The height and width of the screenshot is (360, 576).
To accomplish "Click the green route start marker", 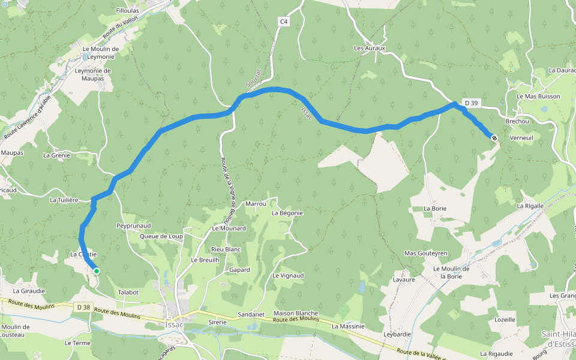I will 96,271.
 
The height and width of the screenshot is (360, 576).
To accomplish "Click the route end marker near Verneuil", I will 494,138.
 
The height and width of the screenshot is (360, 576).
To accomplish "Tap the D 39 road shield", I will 471,103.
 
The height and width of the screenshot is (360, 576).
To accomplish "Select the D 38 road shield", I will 83,307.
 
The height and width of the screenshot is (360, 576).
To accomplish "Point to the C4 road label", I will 284,22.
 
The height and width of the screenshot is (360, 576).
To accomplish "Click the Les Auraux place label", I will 369,48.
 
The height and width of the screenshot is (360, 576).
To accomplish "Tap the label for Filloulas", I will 127,11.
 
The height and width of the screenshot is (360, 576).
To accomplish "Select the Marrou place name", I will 256,204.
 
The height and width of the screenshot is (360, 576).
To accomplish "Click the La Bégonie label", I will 287,213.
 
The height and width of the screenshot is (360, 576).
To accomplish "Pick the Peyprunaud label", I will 133,226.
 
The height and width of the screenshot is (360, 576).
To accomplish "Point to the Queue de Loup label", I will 161,236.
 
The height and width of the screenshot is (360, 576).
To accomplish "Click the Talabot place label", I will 128,292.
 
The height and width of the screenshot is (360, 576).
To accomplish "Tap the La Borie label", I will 435,208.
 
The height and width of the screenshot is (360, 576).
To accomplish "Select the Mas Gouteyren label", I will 426,253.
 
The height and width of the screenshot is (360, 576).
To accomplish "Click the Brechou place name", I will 517,121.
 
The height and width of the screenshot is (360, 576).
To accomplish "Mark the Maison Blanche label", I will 295,313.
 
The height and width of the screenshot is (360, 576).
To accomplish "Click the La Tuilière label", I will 64,200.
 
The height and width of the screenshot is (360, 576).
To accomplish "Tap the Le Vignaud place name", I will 288,275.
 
